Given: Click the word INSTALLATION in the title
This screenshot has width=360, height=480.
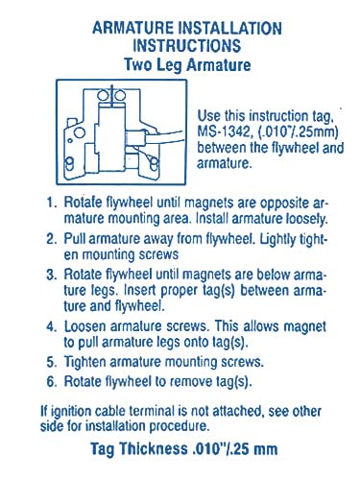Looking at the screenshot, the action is pyautogui.click(x=229, y=28).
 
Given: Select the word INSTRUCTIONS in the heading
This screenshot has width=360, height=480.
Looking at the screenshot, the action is pyautogui.click(x=187, y=45).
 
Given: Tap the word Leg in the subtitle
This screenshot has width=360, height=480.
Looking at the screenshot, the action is pyautogui.click(x=169, y=65).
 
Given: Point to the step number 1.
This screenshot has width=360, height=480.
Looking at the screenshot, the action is pyautogui.click(x=51, y=203).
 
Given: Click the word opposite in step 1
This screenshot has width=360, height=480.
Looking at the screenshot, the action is pyautogui.click(x=285, y=204).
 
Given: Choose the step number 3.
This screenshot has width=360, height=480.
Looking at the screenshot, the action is pyautogui.click(x=51, y=275).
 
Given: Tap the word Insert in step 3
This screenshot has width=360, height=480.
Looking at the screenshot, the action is pyautogui.click(x=139, y=290).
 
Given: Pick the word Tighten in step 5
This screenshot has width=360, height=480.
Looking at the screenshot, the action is pyautogui.click(x=84, y=362).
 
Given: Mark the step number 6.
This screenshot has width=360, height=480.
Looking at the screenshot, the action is pyautogui.click(x=51, y=381).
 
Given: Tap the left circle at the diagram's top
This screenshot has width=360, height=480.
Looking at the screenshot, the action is pyautogui.click(x=103, y=95).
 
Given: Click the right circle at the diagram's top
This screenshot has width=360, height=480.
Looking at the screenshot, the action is pyautogui.click(x=120, y=95).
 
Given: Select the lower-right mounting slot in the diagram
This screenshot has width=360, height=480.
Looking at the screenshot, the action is pyautogui.click(x=154, y=164).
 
